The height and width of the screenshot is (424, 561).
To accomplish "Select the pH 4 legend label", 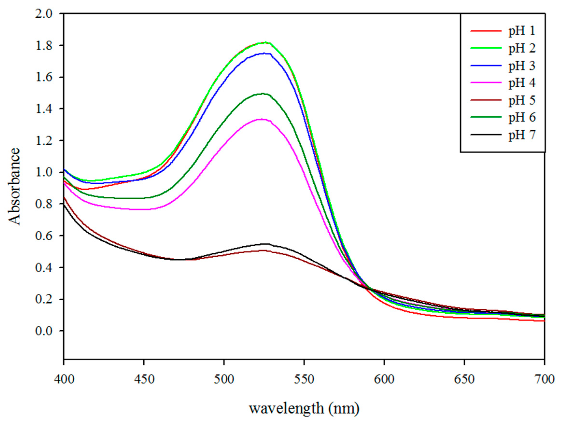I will pyautogui.click(x=522, y=83).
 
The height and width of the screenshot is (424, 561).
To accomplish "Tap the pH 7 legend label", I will pyautogui.click(x=522, y=135).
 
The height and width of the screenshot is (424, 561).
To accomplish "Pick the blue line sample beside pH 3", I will pyautogui.click(x=486, y=65).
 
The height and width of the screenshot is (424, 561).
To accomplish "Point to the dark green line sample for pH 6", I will pyautogui.click(x=486, y=117).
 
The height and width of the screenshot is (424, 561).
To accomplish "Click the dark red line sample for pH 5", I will pyautogui.click(x=486, y=100).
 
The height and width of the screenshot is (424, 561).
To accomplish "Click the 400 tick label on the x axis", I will pyautogui.click(x=64, y=380).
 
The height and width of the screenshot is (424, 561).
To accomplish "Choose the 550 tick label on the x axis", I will pyautogui.click(x=304, y=380).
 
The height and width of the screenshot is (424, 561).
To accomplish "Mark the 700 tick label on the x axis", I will pyautogui.click(x=544, y=380).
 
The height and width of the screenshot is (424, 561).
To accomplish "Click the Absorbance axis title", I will pyautogui.click(x=14, y=186).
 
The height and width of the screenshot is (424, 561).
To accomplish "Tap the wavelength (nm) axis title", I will pyautogui.click(x=304, y=409).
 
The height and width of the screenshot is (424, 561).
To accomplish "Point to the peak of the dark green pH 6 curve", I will pyautogui.click(x=262, y=94).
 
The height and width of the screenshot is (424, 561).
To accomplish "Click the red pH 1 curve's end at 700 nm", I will pyautogui.click(x=544, y=321).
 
